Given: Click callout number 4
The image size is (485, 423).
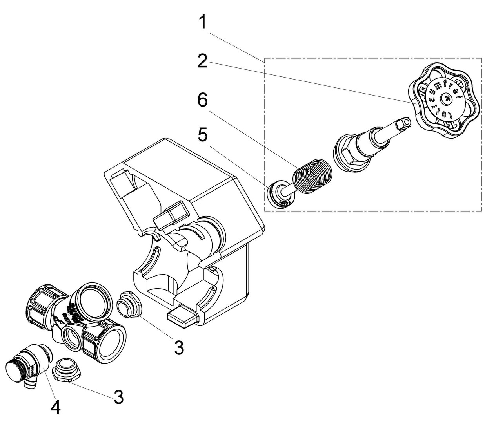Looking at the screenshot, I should point(55,408).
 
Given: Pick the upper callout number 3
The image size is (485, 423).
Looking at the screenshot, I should point(179,347).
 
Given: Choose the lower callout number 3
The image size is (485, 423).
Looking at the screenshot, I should point(119,397).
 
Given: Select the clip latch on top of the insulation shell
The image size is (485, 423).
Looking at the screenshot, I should point(171,216).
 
